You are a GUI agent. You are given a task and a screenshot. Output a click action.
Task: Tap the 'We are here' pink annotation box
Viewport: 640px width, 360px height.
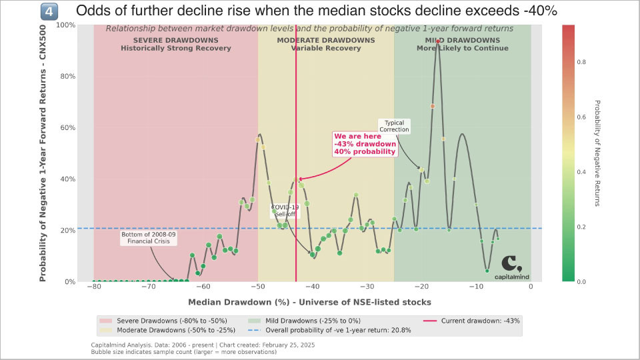coord(365,144)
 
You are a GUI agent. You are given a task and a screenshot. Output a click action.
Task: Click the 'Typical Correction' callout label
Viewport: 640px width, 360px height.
coord(394,126)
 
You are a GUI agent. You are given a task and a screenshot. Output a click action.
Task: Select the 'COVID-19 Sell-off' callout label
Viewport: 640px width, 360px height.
coord(285,211)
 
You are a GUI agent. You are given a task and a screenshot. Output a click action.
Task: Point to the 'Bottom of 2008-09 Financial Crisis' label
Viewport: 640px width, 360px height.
coord(148,239)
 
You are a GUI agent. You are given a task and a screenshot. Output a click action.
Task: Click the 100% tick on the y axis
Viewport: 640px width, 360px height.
coord(68,25)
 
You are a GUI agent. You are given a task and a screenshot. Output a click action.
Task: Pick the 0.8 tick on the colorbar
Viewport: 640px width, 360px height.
coord(581,62)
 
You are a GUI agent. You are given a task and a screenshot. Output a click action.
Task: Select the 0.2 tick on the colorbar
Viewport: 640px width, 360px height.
coord(581,227)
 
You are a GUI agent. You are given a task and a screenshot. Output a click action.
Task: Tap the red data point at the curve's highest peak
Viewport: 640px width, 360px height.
coord(438,41)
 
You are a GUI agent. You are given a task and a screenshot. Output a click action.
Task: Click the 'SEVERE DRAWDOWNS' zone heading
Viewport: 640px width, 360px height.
coord(175,40)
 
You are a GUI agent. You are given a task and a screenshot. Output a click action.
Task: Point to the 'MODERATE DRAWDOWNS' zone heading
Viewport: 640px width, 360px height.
coord(325,40)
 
